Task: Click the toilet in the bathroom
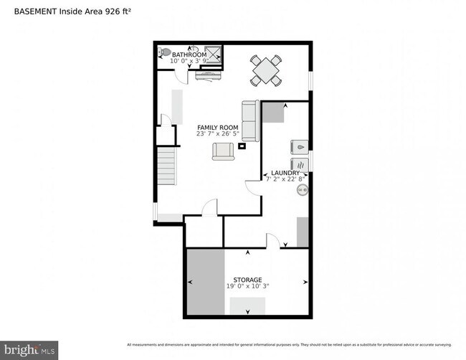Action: click(x=164, y=52)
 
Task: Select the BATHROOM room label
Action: click(x=189, y=55)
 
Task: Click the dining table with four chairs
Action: click(x=265, y=70)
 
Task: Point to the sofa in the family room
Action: click(x=250, y=120)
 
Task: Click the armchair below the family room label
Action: click(x=223, y=151)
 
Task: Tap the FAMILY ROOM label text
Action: click(x=218, y=128)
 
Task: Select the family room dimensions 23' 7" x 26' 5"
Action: click(x=218, y=134)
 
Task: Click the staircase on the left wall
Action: click(x=166, y=166)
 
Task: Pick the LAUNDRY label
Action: click(x=285, y=174)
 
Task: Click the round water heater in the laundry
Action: click(x=303, y=191)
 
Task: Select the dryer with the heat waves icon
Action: click(x=299, y=164)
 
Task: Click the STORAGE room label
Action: click(x=247, y=280)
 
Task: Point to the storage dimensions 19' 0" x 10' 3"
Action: click(x=247, y=286)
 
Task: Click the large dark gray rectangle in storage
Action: click(x=206, y=282)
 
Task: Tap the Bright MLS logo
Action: click(x=30, y=350)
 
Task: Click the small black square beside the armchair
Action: click(x=242, y=146)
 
